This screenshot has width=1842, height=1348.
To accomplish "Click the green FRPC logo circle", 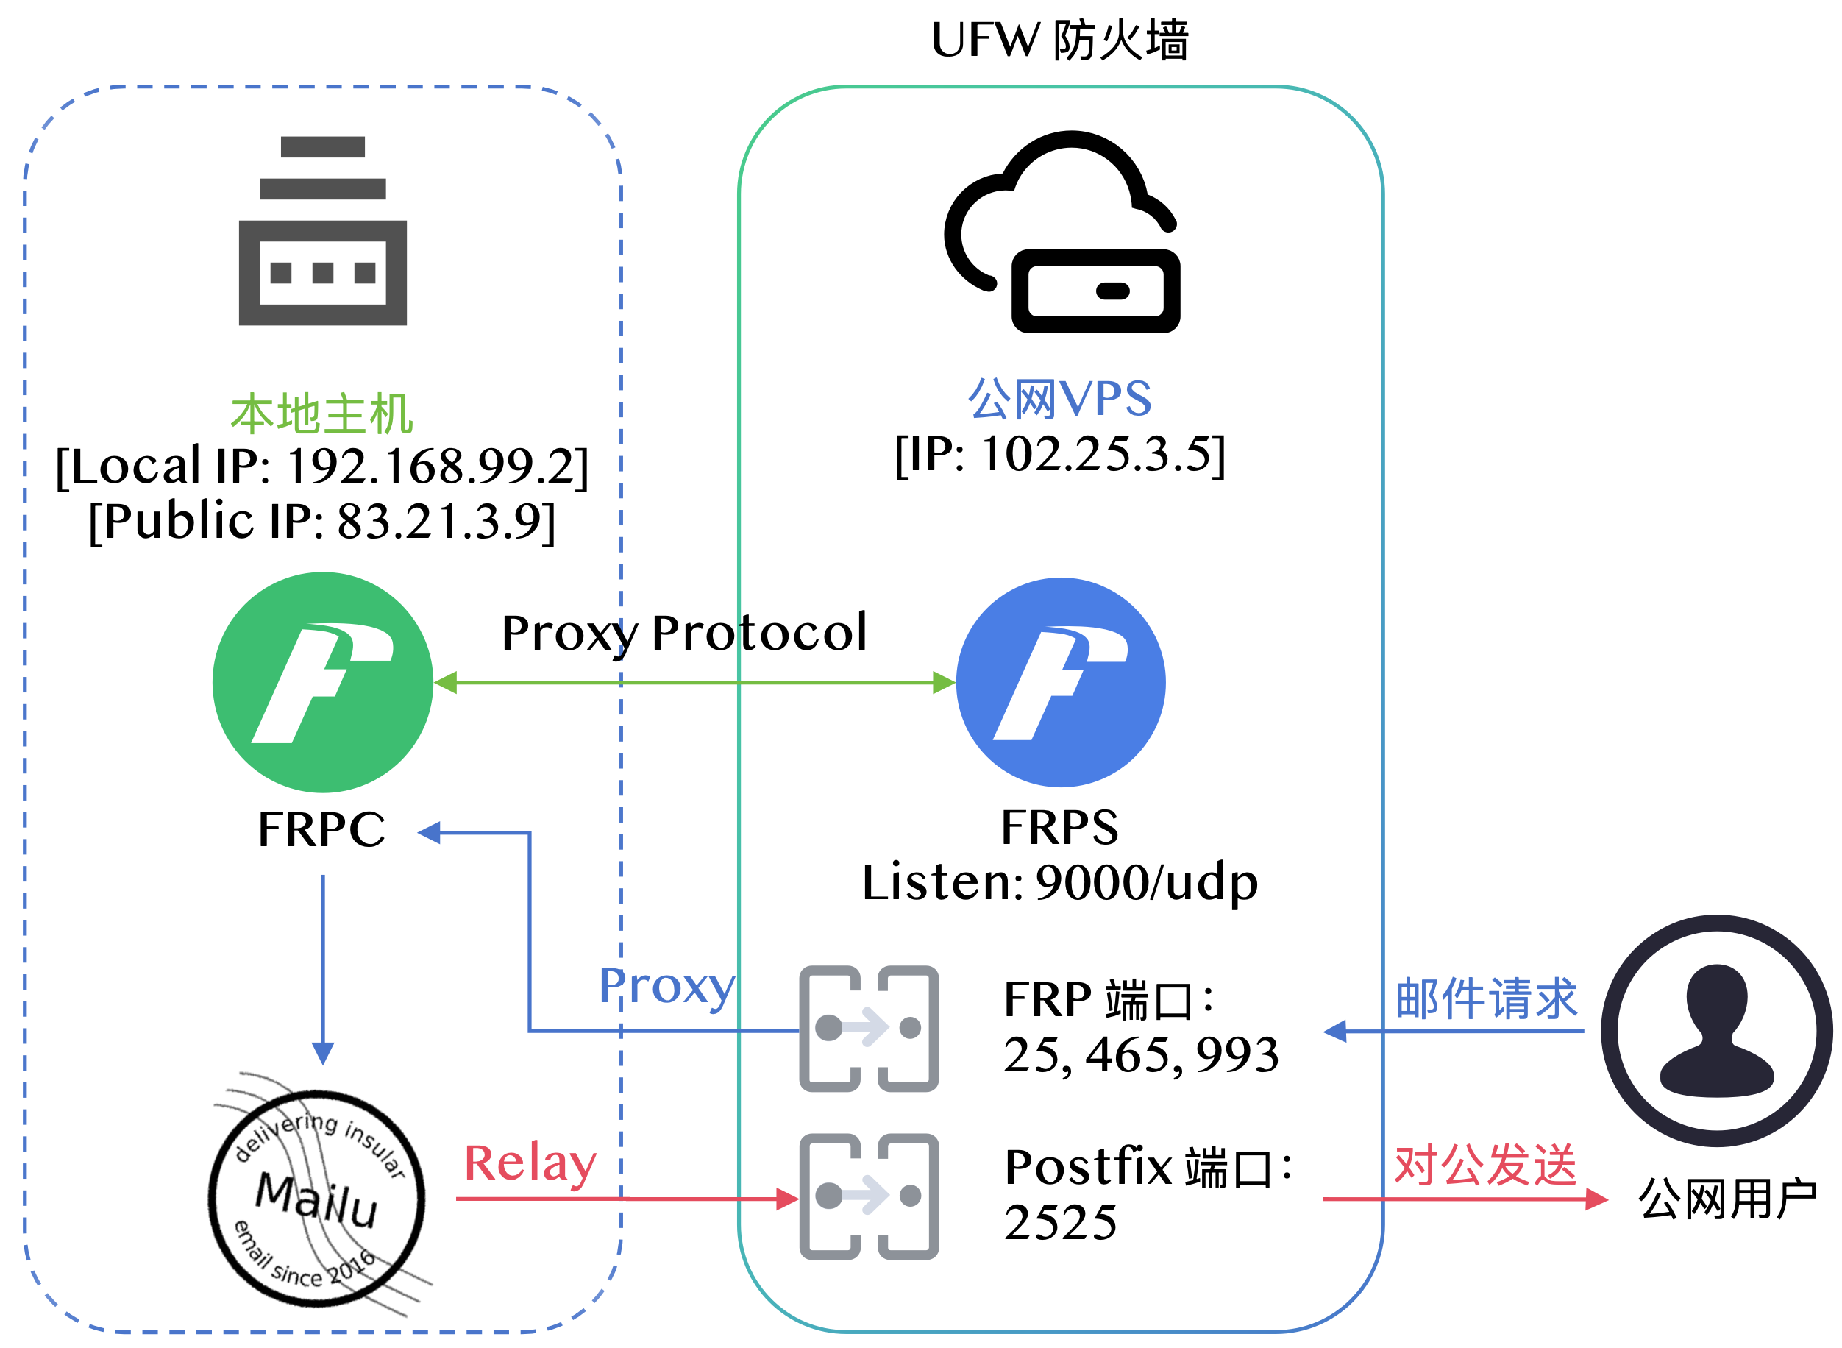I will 322,682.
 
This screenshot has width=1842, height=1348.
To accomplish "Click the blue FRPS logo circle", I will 1060,682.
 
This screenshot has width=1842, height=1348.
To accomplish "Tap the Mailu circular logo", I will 316,1198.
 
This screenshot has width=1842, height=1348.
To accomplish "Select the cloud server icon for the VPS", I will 1062,233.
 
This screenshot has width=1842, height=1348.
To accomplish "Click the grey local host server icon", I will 322,231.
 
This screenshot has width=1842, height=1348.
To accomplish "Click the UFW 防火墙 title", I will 1060,40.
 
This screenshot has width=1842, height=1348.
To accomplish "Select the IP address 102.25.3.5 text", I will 1060,455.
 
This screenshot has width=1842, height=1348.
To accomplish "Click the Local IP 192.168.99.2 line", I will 322,467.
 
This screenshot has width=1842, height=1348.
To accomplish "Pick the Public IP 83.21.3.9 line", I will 322,522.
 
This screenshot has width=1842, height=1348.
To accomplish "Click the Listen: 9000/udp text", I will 1060,883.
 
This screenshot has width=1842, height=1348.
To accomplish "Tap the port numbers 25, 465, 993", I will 1140,1055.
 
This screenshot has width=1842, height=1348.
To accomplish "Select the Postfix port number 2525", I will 1060,1222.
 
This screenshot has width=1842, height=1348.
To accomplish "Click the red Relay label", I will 530,1163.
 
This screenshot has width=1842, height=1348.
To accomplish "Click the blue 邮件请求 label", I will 1485,998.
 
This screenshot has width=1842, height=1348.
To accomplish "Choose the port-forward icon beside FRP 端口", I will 868,1028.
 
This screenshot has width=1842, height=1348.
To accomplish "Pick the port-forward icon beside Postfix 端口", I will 868,1196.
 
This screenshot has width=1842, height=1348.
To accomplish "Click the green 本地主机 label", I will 322,414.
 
